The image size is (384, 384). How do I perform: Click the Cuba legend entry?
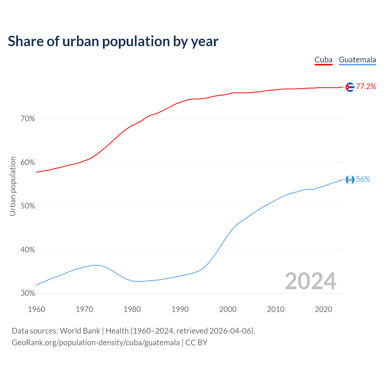click(323, 60)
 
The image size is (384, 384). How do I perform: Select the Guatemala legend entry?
click(357, 60)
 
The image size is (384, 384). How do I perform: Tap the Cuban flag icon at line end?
click(350, 87)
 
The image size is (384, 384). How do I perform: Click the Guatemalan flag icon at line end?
click(350, 179)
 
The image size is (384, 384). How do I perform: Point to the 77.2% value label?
click(366, 87)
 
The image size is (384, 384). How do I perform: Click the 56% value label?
click(363, 179)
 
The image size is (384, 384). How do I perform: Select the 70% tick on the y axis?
click(28, 119)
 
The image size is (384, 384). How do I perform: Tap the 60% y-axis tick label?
click(28, 163)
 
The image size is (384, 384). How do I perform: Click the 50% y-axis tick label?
click(28, 206)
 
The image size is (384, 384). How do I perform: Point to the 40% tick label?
click(28, 250)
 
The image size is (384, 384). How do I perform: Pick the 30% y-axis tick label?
click(28, 293)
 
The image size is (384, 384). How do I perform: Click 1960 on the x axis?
click(36, 309)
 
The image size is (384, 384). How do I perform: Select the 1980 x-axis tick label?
click(132, 309)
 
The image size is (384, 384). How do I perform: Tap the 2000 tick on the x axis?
click(228, 309)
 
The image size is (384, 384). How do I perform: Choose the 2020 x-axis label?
click(323, 309)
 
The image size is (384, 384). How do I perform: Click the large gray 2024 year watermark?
click(310, 281)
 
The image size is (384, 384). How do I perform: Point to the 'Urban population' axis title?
click(13, 186)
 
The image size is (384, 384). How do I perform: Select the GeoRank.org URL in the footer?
click(96, 343)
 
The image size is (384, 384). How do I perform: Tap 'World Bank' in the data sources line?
click(80, 331)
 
